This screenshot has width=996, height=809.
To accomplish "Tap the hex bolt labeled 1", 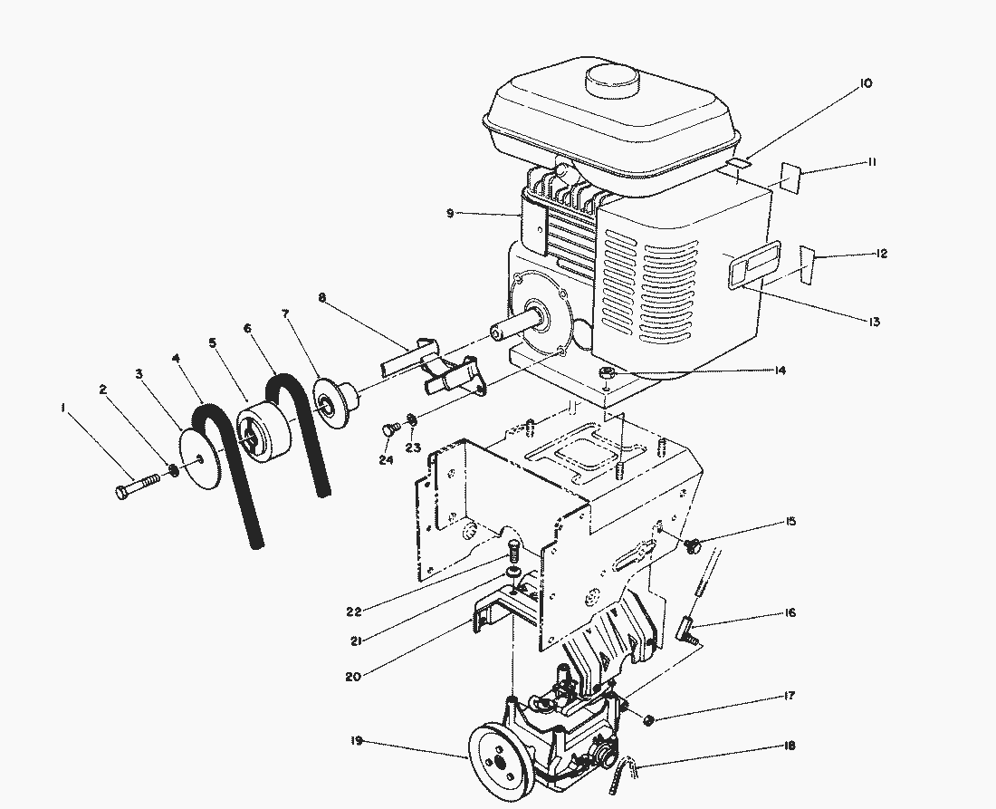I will point(136,488).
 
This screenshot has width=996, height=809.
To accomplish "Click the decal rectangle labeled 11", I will point(785,179).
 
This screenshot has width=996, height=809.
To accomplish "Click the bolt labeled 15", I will point(695,545).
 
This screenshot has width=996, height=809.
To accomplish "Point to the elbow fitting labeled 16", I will point(691,626).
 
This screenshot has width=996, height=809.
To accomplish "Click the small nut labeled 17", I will point(649,719).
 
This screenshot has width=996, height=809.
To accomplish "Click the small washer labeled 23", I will point(412,419).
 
